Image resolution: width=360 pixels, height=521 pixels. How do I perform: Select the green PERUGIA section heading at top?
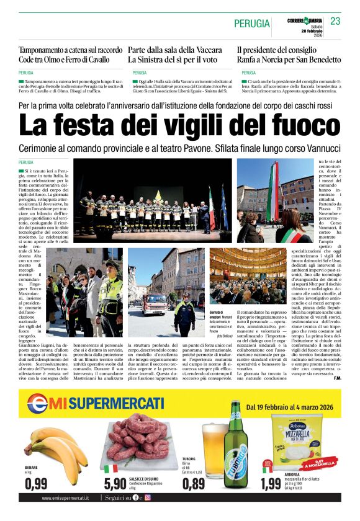point(251,24)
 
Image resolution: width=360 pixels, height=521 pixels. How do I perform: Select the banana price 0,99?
point(37,483)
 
